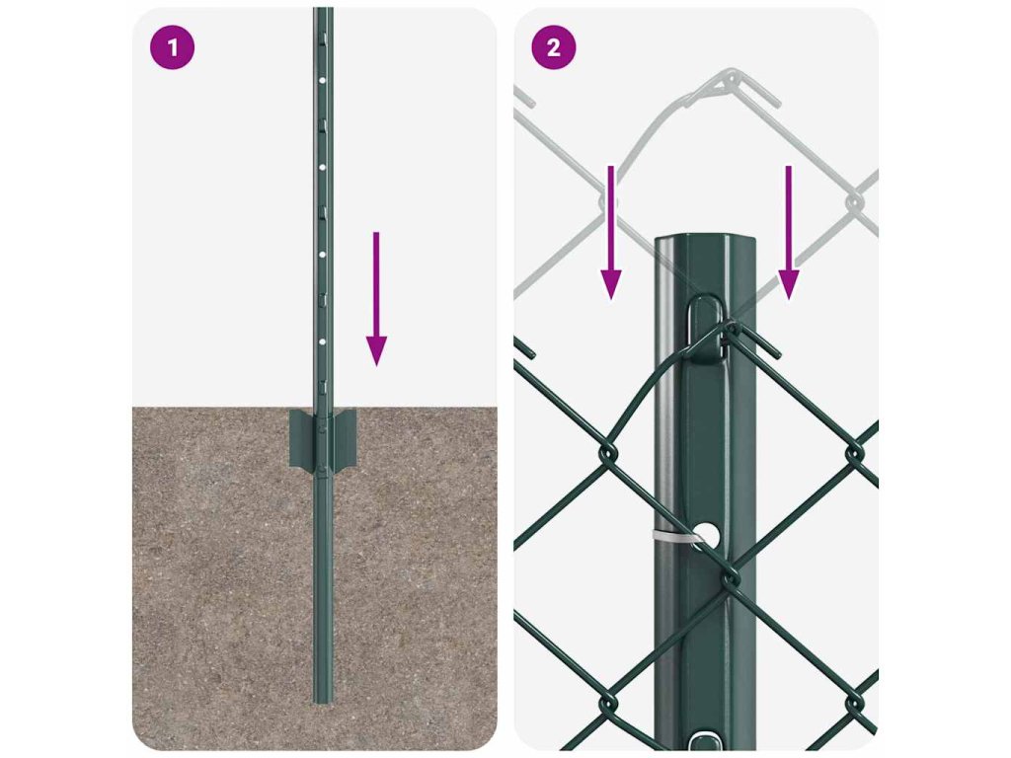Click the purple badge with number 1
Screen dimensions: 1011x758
[x=172, y=47]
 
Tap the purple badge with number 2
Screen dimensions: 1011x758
[x=553, y=47]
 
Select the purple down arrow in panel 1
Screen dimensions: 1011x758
[x=376, y=299]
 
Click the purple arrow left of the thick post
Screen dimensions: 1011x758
[x=610, y=233]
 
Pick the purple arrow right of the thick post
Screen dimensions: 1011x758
[x=788, y=233]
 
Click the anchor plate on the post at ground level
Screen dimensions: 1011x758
[x=323, y=439]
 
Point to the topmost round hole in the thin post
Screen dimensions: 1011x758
[x=323, y=81]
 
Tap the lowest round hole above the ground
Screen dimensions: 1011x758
[x=323, y=341]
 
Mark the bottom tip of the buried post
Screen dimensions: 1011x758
[x=323, y=703]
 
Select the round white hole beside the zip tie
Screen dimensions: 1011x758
[x=708, y=534]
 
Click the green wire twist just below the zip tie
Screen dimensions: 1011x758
[x=730, y=575]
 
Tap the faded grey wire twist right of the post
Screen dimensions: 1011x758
[x=855, y=202]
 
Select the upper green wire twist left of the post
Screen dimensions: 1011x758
[x=608, y=452]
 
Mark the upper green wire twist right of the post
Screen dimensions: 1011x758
[x=855, y=452]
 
